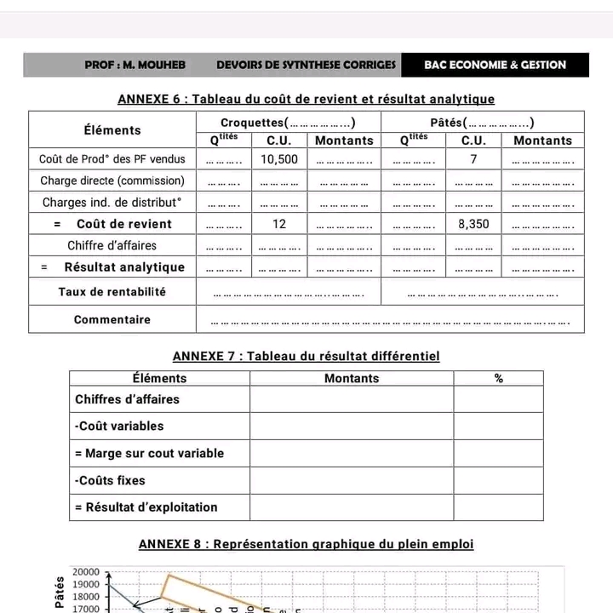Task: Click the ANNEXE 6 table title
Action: click(x=306, y=100)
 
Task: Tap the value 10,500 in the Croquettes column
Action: click(x=279, y=159)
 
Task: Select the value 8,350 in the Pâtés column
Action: click(x=473, y=224)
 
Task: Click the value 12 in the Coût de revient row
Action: click(x=279, y=224)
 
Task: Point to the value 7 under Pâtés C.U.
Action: click(x=473, y=159)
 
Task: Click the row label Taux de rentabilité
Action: click(x=112, y=291)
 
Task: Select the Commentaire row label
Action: click(x=112, y=320)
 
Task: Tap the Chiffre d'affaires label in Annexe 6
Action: click(x=112, y=246)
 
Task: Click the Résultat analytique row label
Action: click(x=124, y=267)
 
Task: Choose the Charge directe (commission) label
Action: click(x=112, y=180)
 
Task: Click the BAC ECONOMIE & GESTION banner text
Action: click(x=495, y=65)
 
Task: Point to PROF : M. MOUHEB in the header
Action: click(x=135, y=65)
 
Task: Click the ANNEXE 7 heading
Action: click(x=306, y=356)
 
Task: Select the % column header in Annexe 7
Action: click(x=498, y=378)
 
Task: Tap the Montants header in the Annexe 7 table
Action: click(x=352, y=378)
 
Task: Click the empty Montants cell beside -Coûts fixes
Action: click(x=352, y=480)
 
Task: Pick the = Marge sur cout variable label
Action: click(x=150, y=453)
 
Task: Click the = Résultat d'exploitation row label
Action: click(x=146, y=507)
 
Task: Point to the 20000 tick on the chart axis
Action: click(x=88, y=573)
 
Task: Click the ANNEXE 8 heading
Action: click(x=306, y=544)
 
